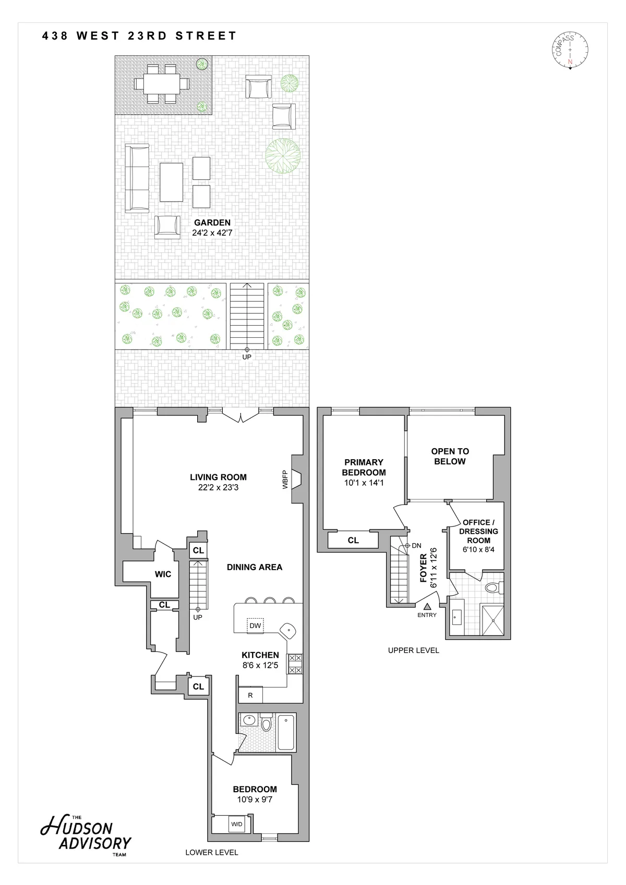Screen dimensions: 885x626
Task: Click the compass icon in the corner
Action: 570,51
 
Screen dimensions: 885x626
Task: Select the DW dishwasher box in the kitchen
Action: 255,625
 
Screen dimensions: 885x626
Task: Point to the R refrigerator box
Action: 250,695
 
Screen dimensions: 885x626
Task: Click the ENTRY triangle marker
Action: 427,606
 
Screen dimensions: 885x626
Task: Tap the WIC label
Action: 163,574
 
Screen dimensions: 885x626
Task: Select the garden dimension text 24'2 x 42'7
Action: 212,233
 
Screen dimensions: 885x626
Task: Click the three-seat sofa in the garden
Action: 137,178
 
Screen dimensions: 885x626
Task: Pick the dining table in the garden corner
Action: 162,83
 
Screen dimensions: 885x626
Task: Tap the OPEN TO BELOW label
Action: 450,456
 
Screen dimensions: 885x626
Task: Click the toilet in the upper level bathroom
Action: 493,588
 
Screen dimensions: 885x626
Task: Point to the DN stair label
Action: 416,546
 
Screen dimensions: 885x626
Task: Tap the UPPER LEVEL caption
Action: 413,650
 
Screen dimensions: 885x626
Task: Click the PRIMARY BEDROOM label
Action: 364,467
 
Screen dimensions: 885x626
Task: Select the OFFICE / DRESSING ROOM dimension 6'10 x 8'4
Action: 478,549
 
